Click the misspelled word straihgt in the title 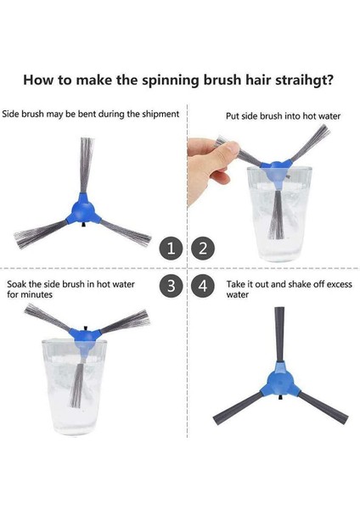coord(304,80)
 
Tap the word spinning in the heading coord(171,81)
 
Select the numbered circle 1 coord(172,249)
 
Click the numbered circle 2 coord(203,249)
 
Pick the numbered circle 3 coord(172,286)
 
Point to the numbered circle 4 coord(203,286)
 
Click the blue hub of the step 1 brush coord(83,210)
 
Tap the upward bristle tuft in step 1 coord(87,165)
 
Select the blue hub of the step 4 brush coord(280,379)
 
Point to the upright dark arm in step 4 coord(279,334)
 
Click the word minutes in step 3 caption coord(37,294)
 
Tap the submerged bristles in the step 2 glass coord(276,215)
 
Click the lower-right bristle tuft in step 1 coord(126,232)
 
